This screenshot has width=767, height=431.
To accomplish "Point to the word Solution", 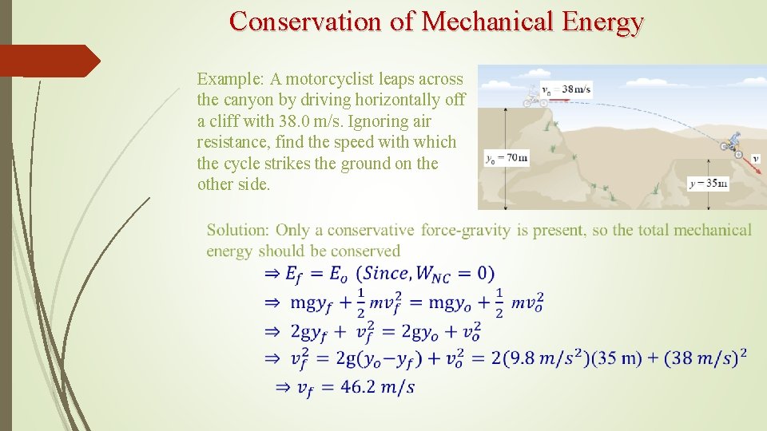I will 237,231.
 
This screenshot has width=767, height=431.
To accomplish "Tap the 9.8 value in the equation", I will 531,358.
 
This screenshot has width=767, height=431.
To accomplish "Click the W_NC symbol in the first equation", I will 432,275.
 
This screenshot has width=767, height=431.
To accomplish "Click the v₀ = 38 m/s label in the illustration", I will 566,89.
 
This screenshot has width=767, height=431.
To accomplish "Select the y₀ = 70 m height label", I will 506,158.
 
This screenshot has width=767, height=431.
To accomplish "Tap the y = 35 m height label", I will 708,184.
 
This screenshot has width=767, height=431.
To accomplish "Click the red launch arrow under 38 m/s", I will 562,99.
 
